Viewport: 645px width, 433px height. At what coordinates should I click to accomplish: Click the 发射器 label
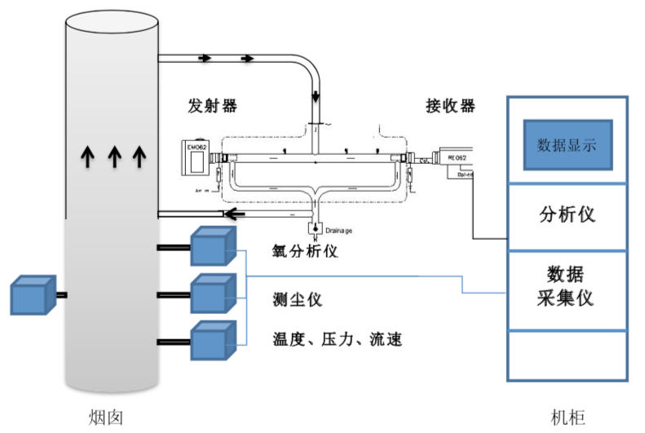(x=213, y=107)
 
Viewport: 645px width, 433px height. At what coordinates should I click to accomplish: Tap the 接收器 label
(x=450, y=107)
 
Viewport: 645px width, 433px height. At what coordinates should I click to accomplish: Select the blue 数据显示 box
(x=568, y=145)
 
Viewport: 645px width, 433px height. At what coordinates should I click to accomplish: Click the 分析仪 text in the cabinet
(x=568, y=214)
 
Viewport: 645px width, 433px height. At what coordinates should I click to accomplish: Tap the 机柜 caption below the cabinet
(x=568, y=417)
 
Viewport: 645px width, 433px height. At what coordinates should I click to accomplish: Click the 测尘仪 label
(x=298, y=299)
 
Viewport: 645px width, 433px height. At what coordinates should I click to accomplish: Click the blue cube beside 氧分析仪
(x=213, y=246)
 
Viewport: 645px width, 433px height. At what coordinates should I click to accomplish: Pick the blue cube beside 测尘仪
(x=213, y=294)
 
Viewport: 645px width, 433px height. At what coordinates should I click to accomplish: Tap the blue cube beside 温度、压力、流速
(x=213, y=340)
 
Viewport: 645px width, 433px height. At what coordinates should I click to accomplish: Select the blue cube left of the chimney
(x=33, y=296)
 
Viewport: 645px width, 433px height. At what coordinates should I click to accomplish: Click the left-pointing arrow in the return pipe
(x=236, y=214)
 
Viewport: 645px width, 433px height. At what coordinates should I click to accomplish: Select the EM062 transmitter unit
(x=198, y=158)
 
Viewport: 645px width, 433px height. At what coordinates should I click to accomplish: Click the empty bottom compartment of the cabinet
(x=568, y=355)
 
